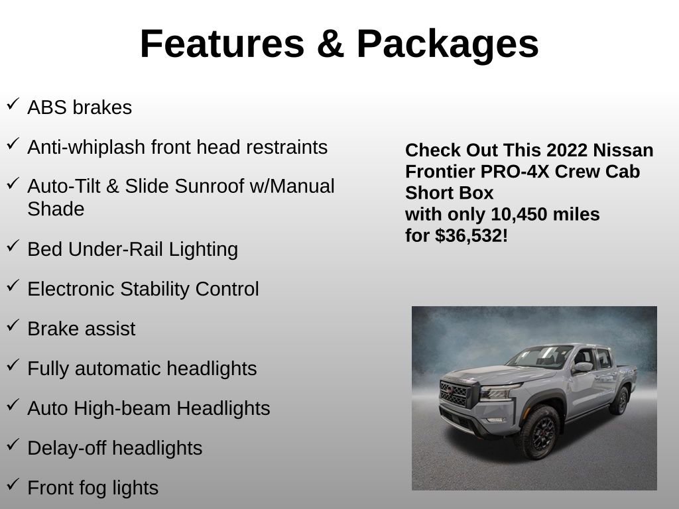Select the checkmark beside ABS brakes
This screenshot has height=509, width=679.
13,104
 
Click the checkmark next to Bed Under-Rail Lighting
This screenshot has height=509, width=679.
13,246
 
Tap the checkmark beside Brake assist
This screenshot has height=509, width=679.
13,325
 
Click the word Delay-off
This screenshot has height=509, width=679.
66,448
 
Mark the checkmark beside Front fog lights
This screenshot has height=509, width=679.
13,484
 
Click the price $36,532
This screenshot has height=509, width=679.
471,236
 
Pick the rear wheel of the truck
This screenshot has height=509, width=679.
621,400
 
